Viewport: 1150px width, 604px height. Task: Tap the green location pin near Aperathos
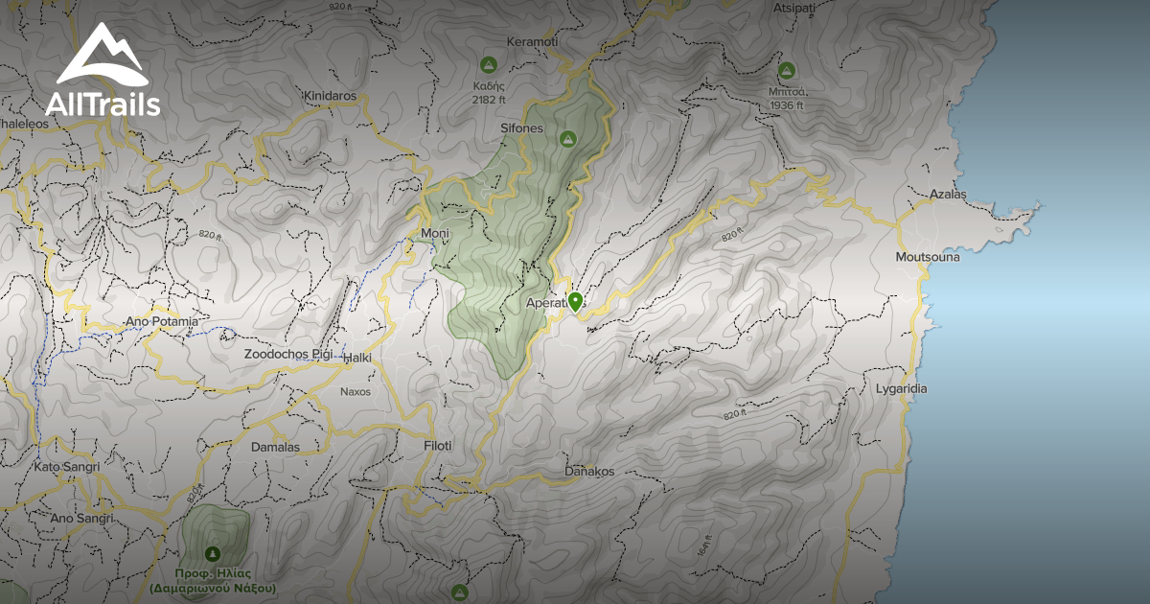coord(575,302)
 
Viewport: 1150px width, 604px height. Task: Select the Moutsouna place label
coord(927,257)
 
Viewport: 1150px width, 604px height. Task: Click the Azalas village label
coord(948,194)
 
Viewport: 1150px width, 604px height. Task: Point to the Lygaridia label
coord(902,388)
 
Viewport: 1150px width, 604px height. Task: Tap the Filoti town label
coord(437,446)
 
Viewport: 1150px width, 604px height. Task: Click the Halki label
coord(356,358)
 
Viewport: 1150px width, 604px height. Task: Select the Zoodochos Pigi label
coord(287,354)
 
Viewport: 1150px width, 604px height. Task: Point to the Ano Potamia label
coord(161,321)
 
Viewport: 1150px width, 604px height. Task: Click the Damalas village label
coord(275,447)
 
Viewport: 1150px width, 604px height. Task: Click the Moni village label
coord(435,233)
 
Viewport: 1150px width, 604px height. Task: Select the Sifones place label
coord(521,128)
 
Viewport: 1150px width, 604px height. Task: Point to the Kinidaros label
coord(329,96)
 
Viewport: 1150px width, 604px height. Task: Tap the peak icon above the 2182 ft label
coord(488,64)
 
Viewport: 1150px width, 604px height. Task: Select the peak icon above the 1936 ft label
coord(787,70)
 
